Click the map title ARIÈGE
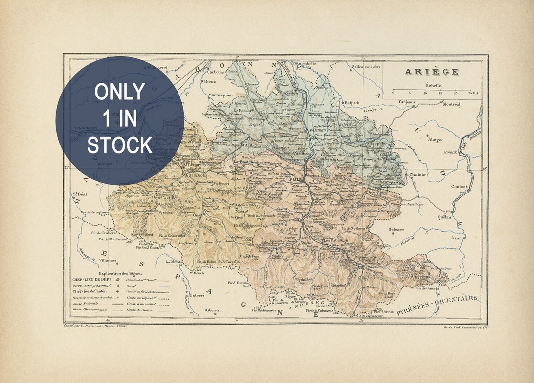pos(432,72)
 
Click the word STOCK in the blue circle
pos(120,145)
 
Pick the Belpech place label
pos(352,103)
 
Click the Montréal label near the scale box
pos(451,104)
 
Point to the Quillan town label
pos(444,217)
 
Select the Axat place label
pos(456,238)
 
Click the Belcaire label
pos(396,229)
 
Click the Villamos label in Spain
pos(106,260)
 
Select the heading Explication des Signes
pos(120,273)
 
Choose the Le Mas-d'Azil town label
pos(239,145)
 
